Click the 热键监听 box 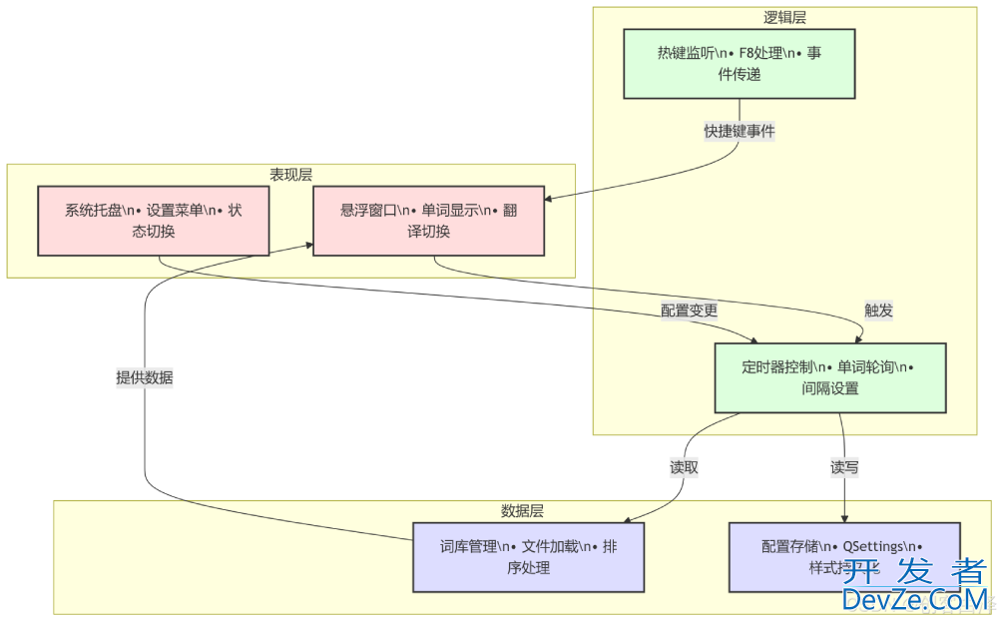[x=739, y=64]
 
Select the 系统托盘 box [x=154, y=220]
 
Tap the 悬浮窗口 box [x=429, y=220]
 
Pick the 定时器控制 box [x=829, y=377]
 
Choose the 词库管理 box [x=528, y=557]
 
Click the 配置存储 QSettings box [x=843, y=557]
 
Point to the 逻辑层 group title [x=784, y=17]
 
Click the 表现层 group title [x=290, y=174]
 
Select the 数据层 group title [x=522, y=511]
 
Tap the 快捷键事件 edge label [x=740, y=132]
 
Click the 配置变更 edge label [x=689, y=310]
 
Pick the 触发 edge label [x=878, y=310]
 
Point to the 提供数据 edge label [x=145, y=377]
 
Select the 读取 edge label [x=684, y=466]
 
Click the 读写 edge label [x=844, y=466]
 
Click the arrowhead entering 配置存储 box [x=845, y=518]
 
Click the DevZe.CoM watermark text [x=914, y=599]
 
